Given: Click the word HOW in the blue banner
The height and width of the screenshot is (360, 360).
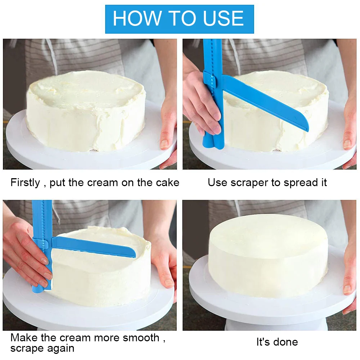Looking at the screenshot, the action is tap(137, 18).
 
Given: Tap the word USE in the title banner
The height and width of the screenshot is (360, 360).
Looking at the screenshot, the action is tap(223, 18).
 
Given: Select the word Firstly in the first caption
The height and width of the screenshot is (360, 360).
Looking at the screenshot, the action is tap(25, 183).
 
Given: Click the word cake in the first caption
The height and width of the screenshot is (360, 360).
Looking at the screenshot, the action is tap(167, 183).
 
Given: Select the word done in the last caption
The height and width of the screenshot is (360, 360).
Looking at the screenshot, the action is tap(285, 342).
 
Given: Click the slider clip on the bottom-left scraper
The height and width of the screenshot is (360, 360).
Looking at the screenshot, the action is tap(41, 244).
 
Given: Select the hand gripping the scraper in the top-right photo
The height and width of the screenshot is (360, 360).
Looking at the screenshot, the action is tap(199, 101).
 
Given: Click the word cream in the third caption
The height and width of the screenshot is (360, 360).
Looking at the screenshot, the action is tap(76, 338).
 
